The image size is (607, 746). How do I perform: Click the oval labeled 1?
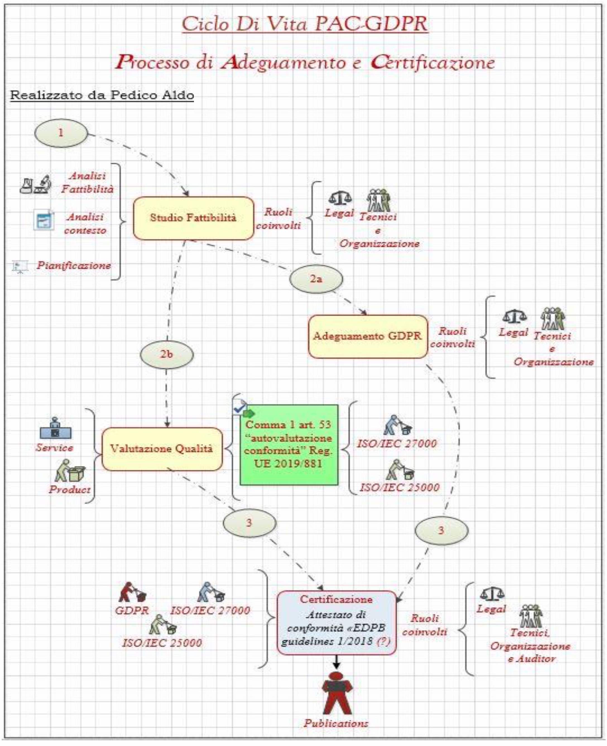[61, 133]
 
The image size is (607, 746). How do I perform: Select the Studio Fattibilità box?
[193, 218]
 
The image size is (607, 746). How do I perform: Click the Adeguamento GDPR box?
[368, 336]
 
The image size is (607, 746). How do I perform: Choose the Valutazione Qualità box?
[162, 449]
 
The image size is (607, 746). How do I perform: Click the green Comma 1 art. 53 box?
[289, 445]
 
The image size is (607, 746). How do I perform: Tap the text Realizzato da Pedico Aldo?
[102, 95]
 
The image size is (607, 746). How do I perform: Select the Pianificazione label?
[74, 265]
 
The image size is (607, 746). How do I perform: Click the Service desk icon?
[55, 428]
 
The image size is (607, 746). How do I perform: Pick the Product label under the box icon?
[69, 489]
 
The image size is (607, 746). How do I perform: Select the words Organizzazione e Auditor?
[530, 652]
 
